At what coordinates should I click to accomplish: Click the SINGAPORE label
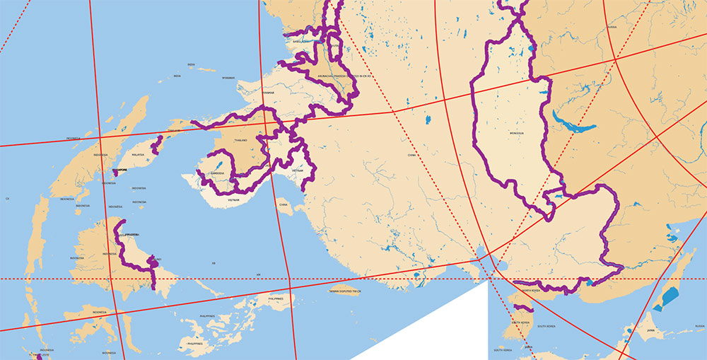pyautogui.click(x=119, y=171)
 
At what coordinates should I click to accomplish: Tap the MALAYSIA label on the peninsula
pyautogui.click(x=137, y=154)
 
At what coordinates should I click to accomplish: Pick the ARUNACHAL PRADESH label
pyautogui.click(x=315, y=76)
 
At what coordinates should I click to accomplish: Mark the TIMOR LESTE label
pyautogui.click(x=30, y=355)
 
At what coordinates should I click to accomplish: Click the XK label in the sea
pyautogui.click(x=213, y=262)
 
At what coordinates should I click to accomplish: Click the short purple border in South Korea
pyautogui.click(x=522, y=308)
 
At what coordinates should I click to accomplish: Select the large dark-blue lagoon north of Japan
pyautogui.click(x=666, y=298)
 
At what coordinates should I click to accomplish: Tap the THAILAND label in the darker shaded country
pyautogui.click(x=240, y=140)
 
